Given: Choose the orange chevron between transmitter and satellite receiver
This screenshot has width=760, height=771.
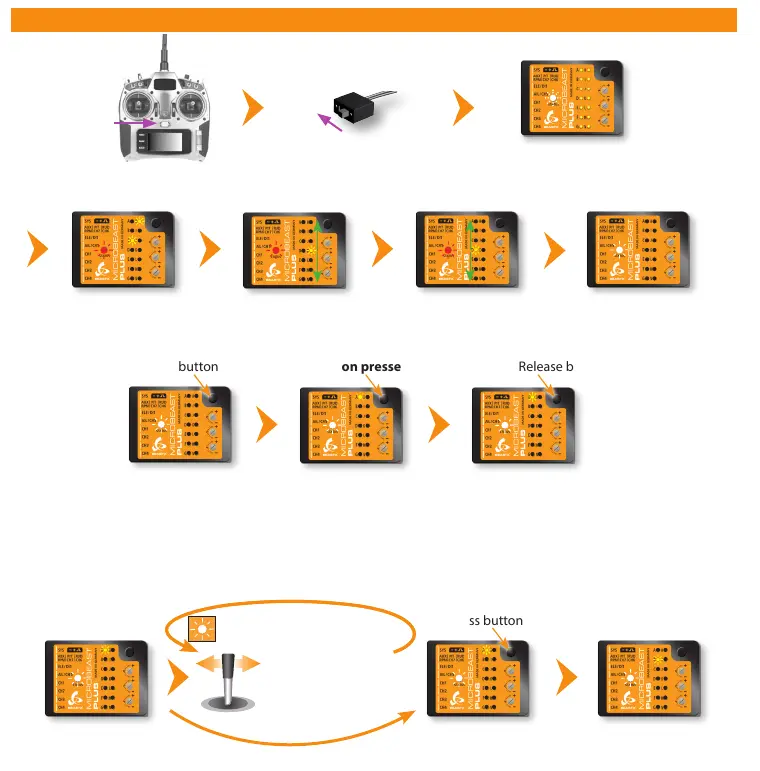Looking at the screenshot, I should pyautogui.click(x=256, y=108).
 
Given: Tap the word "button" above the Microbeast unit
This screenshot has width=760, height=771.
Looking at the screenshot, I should pyautogui.click(x=198, y=367).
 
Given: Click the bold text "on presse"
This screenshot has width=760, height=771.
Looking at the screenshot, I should pyautogui.click(x=371, y=367).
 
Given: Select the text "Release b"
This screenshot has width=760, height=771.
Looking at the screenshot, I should pyautogui.click(x=545, y=367).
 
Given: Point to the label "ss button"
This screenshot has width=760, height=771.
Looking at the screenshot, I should pyautogui.click(x=496, y=620).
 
